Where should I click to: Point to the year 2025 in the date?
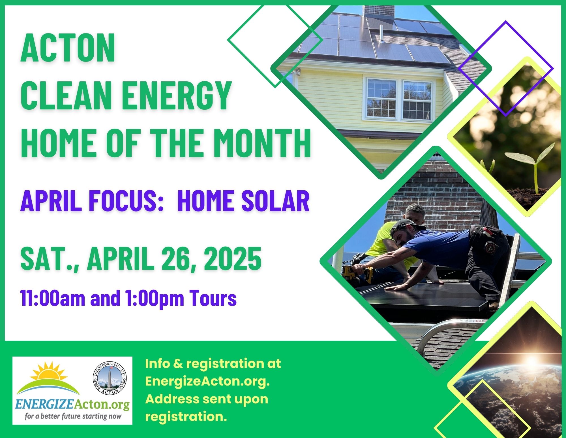[233, 259]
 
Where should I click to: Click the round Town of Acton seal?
[110, 379]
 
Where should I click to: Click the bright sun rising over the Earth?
[531, 361]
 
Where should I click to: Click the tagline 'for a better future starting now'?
[73, 416]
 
